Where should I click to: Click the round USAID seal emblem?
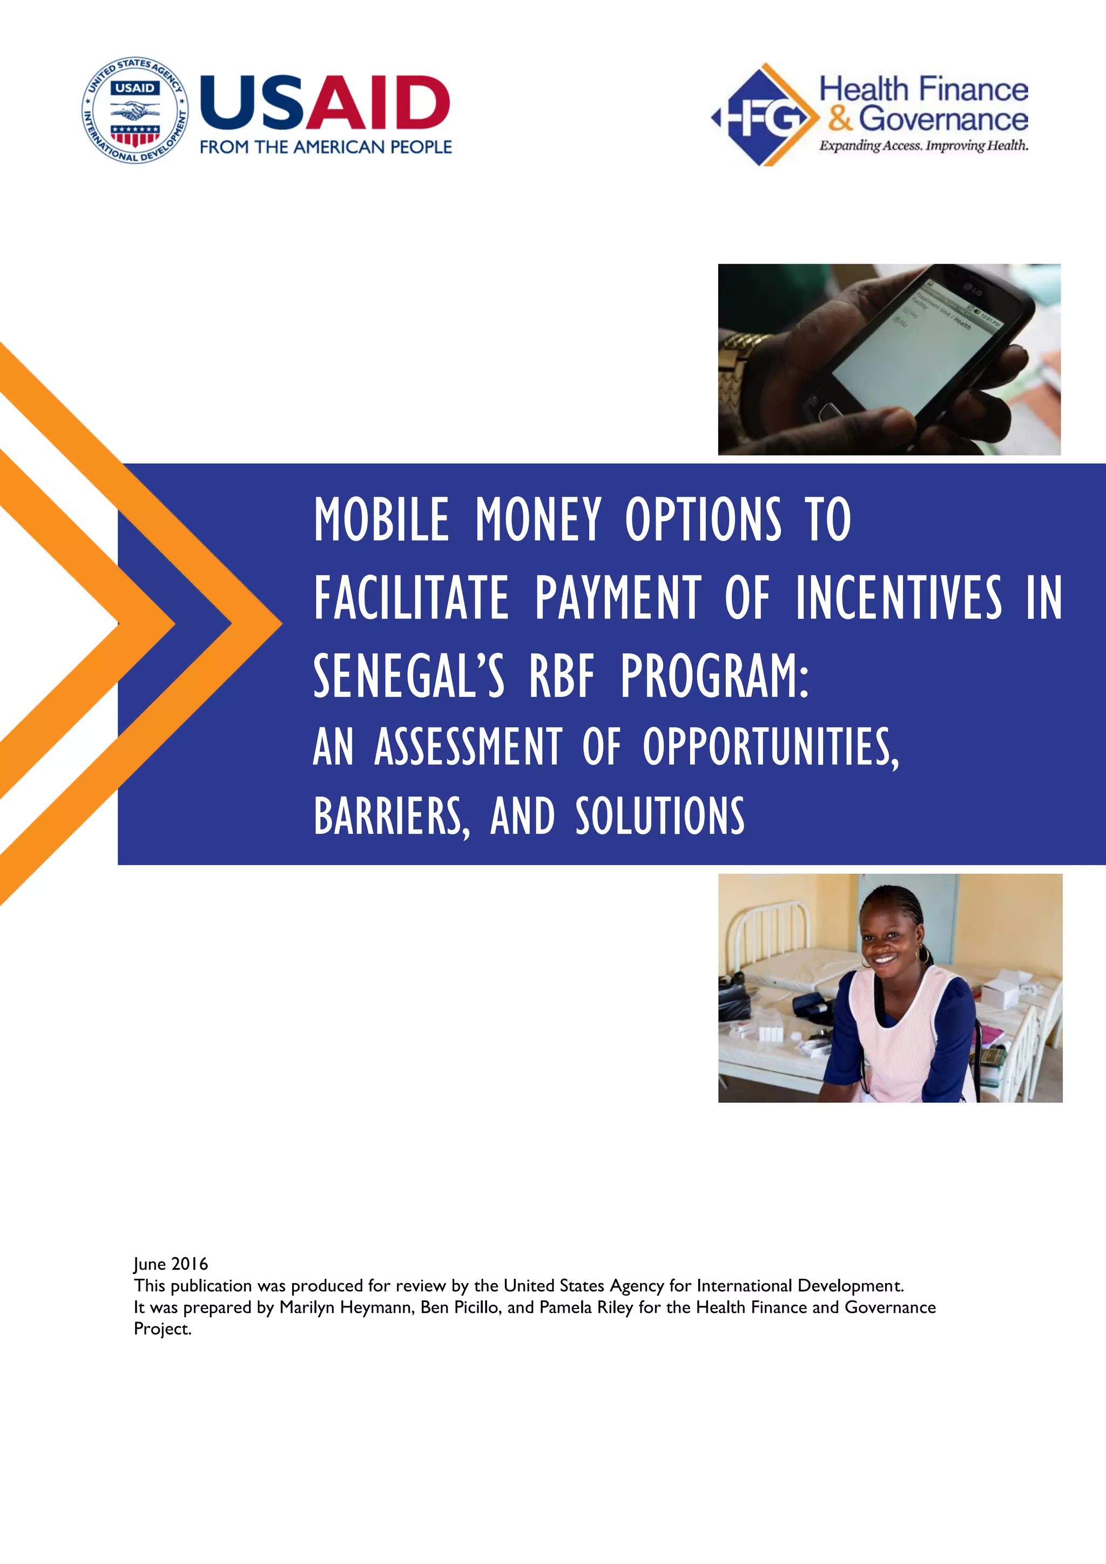click(x=136, y=110)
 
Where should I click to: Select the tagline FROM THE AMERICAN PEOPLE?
click(x=326, y=147)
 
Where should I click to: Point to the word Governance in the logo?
click(x=943, y=119)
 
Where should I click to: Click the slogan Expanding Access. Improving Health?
click(x=923, y=145)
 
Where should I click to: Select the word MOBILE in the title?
click(x=381, y=519)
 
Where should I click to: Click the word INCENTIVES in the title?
click(x=899, y=598)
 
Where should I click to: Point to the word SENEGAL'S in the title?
click(x=409, y=676)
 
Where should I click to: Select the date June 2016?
click(x=170, y=1264)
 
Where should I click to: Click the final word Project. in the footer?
click(x=163, y=1329)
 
